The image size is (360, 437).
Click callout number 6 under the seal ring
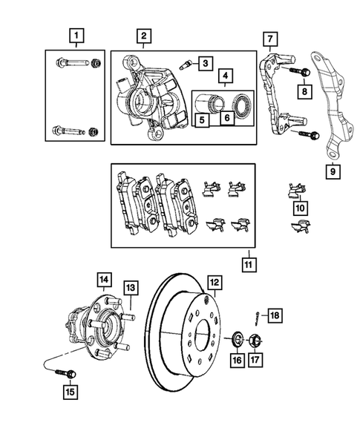pyautogui.click(x=228, y=116)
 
